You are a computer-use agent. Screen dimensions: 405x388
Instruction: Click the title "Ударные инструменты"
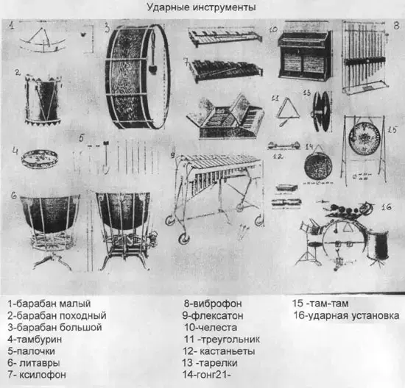(202, 7)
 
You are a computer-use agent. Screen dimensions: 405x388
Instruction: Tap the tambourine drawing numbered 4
(39, 158)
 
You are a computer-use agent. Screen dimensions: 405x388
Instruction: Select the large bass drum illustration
(138, 76)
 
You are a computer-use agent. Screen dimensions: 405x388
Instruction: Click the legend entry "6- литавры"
(34, 363)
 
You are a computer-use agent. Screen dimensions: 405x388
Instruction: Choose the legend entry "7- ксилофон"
(37, 374)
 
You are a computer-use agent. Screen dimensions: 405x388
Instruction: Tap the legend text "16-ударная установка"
(346, 315)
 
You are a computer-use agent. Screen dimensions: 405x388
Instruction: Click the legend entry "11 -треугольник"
(222, 339)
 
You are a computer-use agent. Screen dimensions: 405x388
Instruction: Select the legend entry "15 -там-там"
(320, 303)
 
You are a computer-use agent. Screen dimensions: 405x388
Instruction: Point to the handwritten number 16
(386, 206)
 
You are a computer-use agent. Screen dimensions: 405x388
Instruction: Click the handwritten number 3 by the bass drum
(108, 28)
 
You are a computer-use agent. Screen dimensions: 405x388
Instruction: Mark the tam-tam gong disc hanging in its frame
(364, 138)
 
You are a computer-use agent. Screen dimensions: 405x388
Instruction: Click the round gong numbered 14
(318, 166)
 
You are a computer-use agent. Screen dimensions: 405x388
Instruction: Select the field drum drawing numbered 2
(43, 99)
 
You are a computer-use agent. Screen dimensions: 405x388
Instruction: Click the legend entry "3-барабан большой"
(54, 328)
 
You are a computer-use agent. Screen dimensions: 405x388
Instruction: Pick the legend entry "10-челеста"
(211, 328)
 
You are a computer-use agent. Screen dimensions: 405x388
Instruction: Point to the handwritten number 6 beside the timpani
(14, 196)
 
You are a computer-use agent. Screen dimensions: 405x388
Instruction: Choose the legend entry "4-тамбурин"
(35, 339)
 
